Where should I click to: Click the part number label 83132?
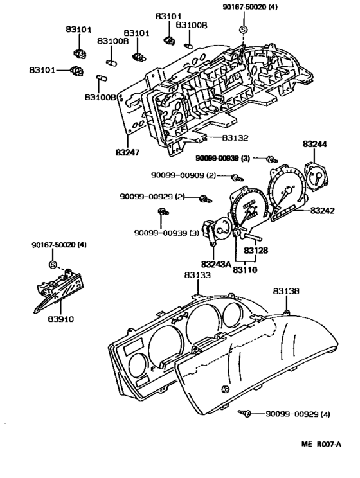(x=235, y=138)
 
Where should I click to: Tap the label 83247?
(x=127, y=152)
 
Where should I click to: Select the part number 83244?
(x=314, y=144)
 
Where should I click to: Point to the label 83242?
(x=323, y=211)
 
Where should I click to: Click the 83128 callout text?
(x=256, y=251)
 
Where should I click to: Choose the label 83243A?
(x=216, y=263)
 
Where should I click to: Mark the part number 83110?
(x=245, y=270)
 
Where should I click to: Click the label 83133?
(x=197, y=275)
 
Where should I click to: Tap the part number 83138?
(x=286, y=291)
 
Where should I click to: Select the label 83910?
(x=60, y=319)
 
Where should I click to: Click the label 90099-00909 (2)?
(x=183, y=175)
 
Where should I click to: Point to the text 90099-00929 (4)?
(x=298, y=414)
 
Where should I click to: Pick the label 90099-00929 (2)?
(x=152, y=197)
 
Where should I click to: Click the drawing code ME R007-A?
(x=321, y=444)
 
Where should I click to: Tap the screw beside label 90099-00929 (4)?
(x=244, y=413)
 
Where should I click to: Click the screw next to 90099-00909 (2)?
(x=237, y=178)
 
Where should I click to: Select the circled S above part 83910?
(x=53, y=265)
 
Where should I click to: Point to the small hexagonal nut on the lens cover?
(x=225, y=389)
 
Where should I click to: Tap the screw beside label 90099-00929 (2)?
(x=205, y=199)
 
